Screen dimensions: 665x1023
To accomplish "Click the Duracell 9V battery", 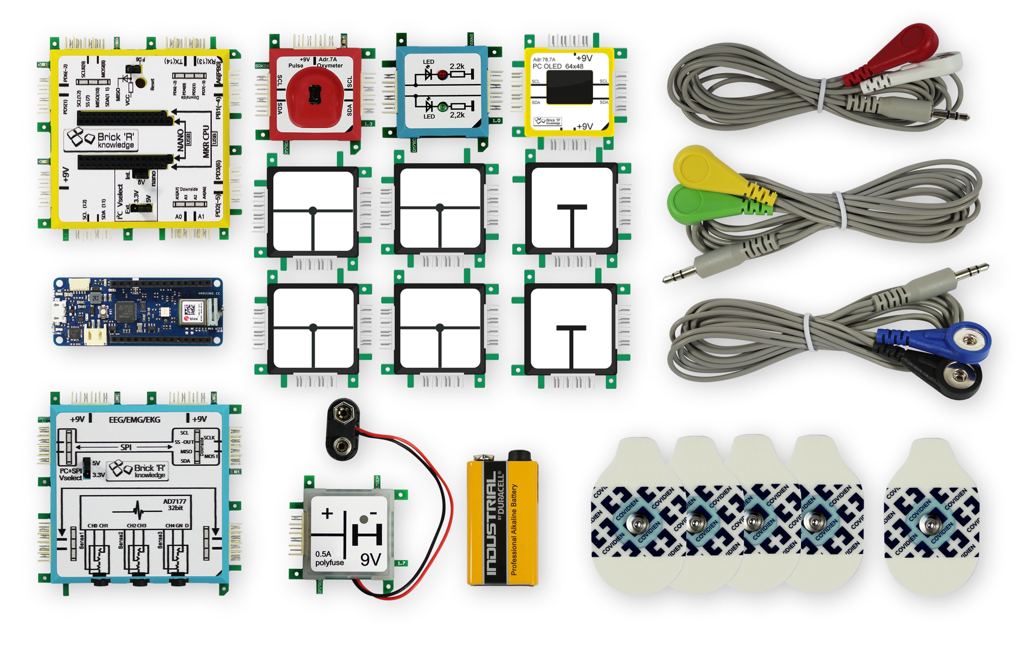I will point(502,520).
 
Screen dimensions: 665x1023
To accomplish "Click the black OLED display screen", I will point(569,87).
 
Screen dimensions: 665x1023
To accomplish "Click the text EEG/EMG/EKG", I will point(134,419).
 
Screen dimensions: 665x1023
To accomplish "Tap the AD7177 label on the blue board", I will point(174,501).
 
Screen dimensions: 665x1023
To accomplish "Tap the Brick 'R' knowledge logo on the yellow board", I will point(101,140).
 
